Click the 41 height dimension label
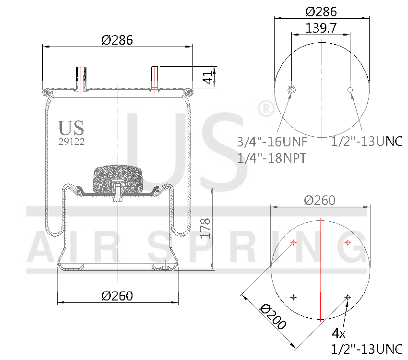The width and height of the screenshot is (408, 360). pyautogui.click(x=207, y=77)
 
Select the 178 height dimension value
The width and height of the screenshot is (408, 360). pyautogui.click(x=205, y=228)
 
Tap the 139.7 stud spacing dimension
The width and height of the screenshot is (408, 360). pyautogui.click(x=320, y=28)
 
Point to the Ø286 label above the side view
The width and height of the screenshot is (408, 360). pyautogui.click(x=117, y=40)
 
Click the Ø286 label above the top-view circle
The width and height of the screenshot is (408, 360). pyautogui.click(x=321, y=12)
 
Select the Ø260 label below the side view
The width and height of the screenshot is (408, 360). pyautogui.click(x=117, y=296)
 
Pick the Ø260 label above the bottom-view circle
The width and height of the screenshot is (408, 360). pyautogui.click(x=320, y=200)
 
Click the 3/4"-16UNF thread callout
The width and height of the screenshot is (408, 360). pyautogui.click(x=272, y=142)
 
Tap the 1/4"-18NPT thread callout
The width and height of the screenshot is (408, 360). pyautogui.click(x=272, y=158)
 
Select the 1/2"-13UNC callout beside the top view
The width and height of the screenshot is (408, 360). pyautogui.click(x=367, y=142)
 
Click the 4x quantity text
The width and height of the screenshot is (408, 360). pyautogui.click(x=338, y=333)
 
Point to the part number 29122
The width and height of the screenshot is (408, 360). pyautogui.click(x=72, y=142)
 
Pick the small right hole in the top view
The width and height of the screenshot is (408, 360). pyautogui.click(x=350, y=90)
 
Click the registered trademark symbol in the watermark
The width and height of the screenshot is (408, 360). pyautogui.click(x=266, y=109)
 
